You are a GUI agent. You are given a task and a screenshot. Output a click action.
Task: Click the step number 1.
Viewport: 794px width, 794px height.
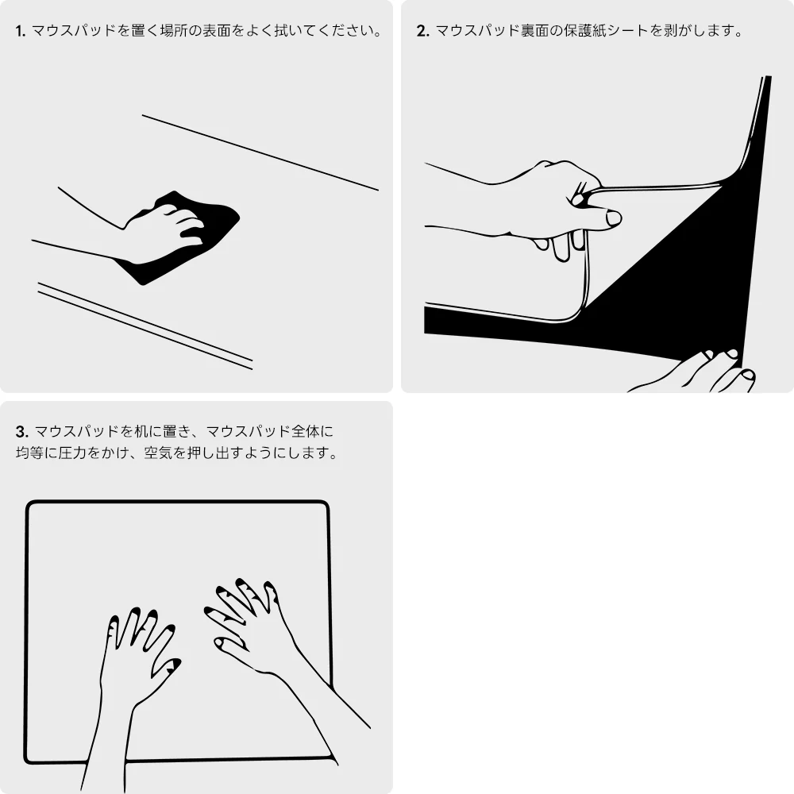(21, 32)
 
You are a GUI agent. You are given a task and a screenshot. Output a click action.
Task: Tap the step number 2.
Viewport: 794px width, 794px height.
(423, 32)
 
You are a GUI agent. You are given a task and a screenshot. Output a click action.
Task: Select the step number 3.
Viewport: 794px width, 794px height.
(21, 432)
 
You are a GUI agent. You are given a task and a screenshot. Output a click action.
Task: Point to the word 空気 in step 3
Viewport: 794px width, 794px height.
(159, 453)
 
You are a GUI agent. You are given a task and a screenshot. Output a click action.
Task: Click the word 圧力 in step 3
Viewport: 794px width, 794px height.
(72, 453)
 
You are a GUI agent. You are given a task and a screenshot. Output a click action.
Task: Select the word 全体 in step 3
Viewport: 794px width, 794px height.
(306, 431)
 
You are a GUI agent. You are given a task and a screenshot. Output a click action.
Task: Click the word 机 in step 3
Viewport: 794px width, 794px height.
(141, 431)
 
